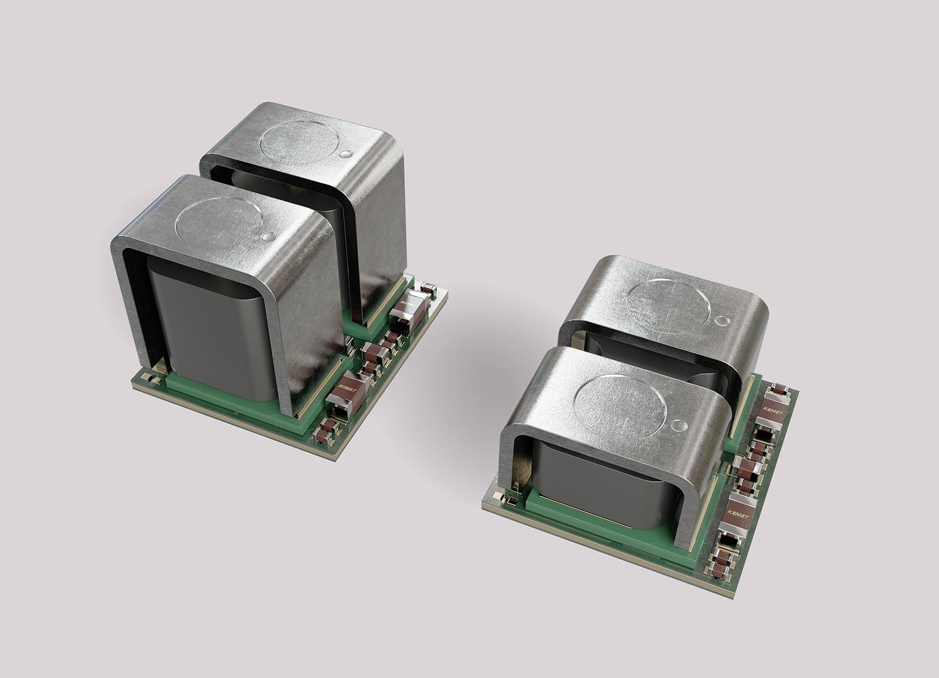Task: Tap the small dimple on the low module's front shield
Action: (678, 425)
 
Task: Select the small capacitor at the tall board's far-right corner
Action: (430, 289)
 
